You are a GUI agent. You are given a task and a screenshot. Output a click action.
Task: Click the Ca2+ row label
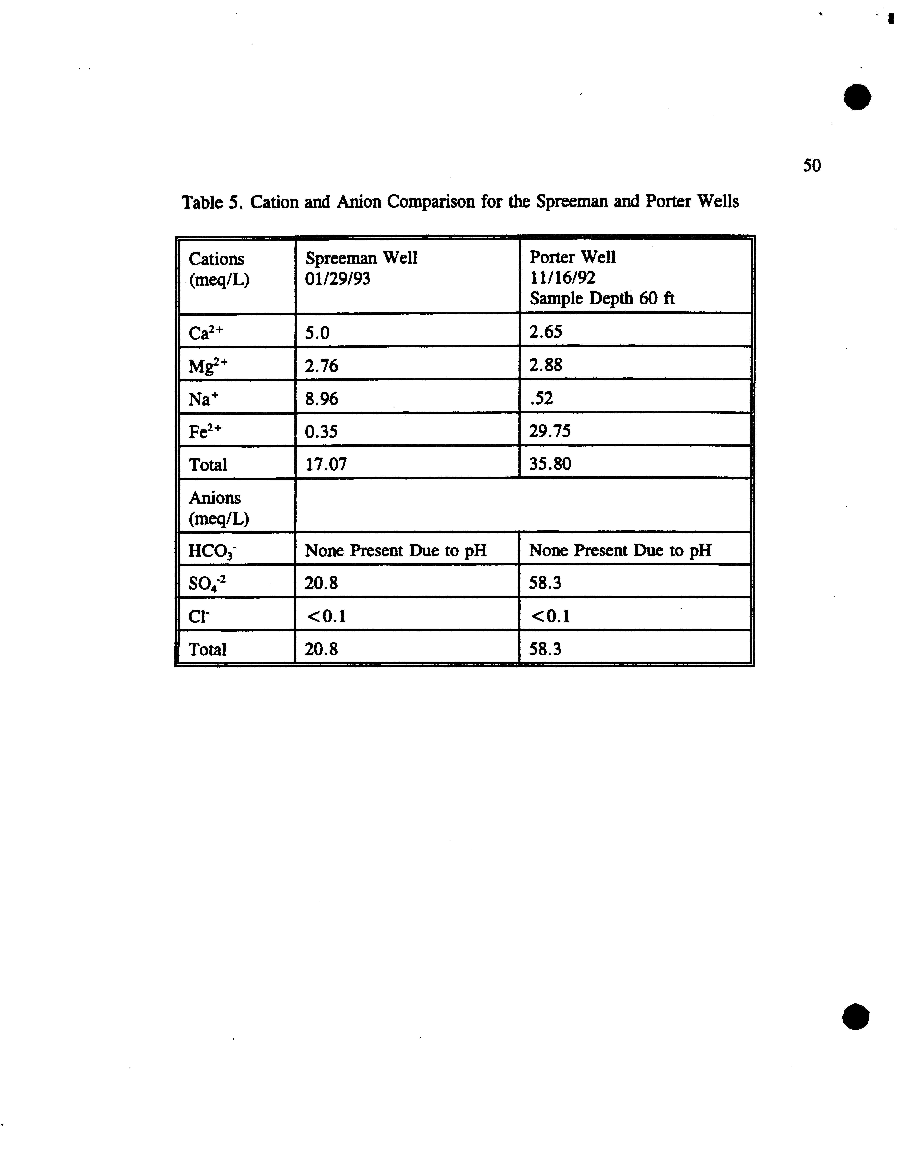[207, 333]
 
